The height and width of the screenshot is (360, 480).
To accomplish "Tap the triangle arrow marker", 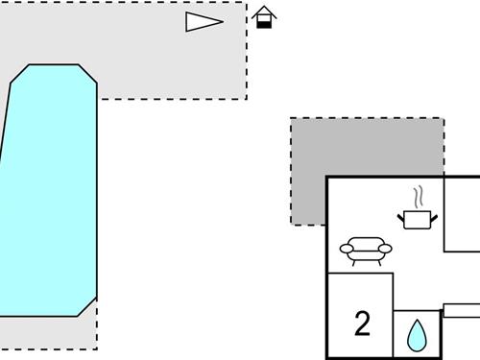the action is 202,22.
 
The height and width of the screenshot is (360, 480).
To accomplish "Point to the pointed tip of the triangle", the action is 222,22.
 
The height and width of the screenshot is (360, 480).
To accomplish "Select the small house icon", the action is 264,17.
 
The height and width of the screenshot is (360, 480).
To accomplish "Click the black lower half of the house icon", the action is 264,23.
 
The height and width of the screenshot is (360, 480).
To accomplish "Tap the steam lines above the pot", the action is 418,198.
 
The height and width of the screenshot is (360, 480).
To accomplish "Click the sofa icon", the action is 366,251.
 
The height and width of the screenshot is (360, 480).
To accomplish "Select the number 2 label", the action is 362,324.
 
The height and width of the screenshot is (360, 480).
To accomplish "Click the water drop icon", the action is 417,335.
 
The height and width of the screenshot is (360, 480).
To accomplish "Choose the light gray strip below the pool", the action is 48,333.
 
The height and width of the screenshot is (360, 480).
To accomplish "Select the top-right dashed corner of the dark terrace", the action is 444,119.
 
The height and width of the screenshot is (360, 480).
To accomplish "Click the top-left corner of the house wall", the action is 327,178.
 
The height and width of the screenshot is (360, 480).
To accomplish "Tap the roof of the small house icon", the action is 264,12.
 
